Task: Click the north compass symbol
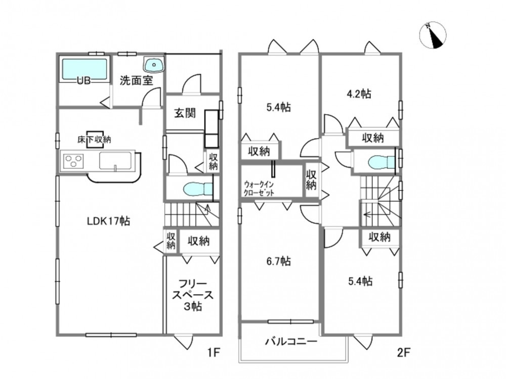[433, 35]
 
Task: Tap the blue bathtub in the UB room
[84, 69]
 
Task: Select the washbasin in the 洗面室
[154, 65]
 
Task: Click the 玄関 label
[185, 113]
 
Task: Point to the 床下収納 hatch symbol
[95, 139]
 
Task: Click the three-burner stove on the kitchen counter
[74, 161]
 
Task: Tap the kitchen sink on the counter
[115, 161]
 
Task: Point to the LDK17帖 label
[109, 221]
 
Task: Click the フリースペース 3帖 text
[193, 295]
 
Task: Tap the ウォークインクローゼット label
[259, 188]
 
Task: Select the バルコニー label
[291, 341]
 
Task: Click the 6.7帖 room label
[278, 261]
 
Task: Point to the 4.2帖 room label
[359, 94]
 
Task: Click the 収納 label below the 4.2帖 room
[372, 138]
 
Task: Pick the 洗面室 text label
[136, 80]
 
